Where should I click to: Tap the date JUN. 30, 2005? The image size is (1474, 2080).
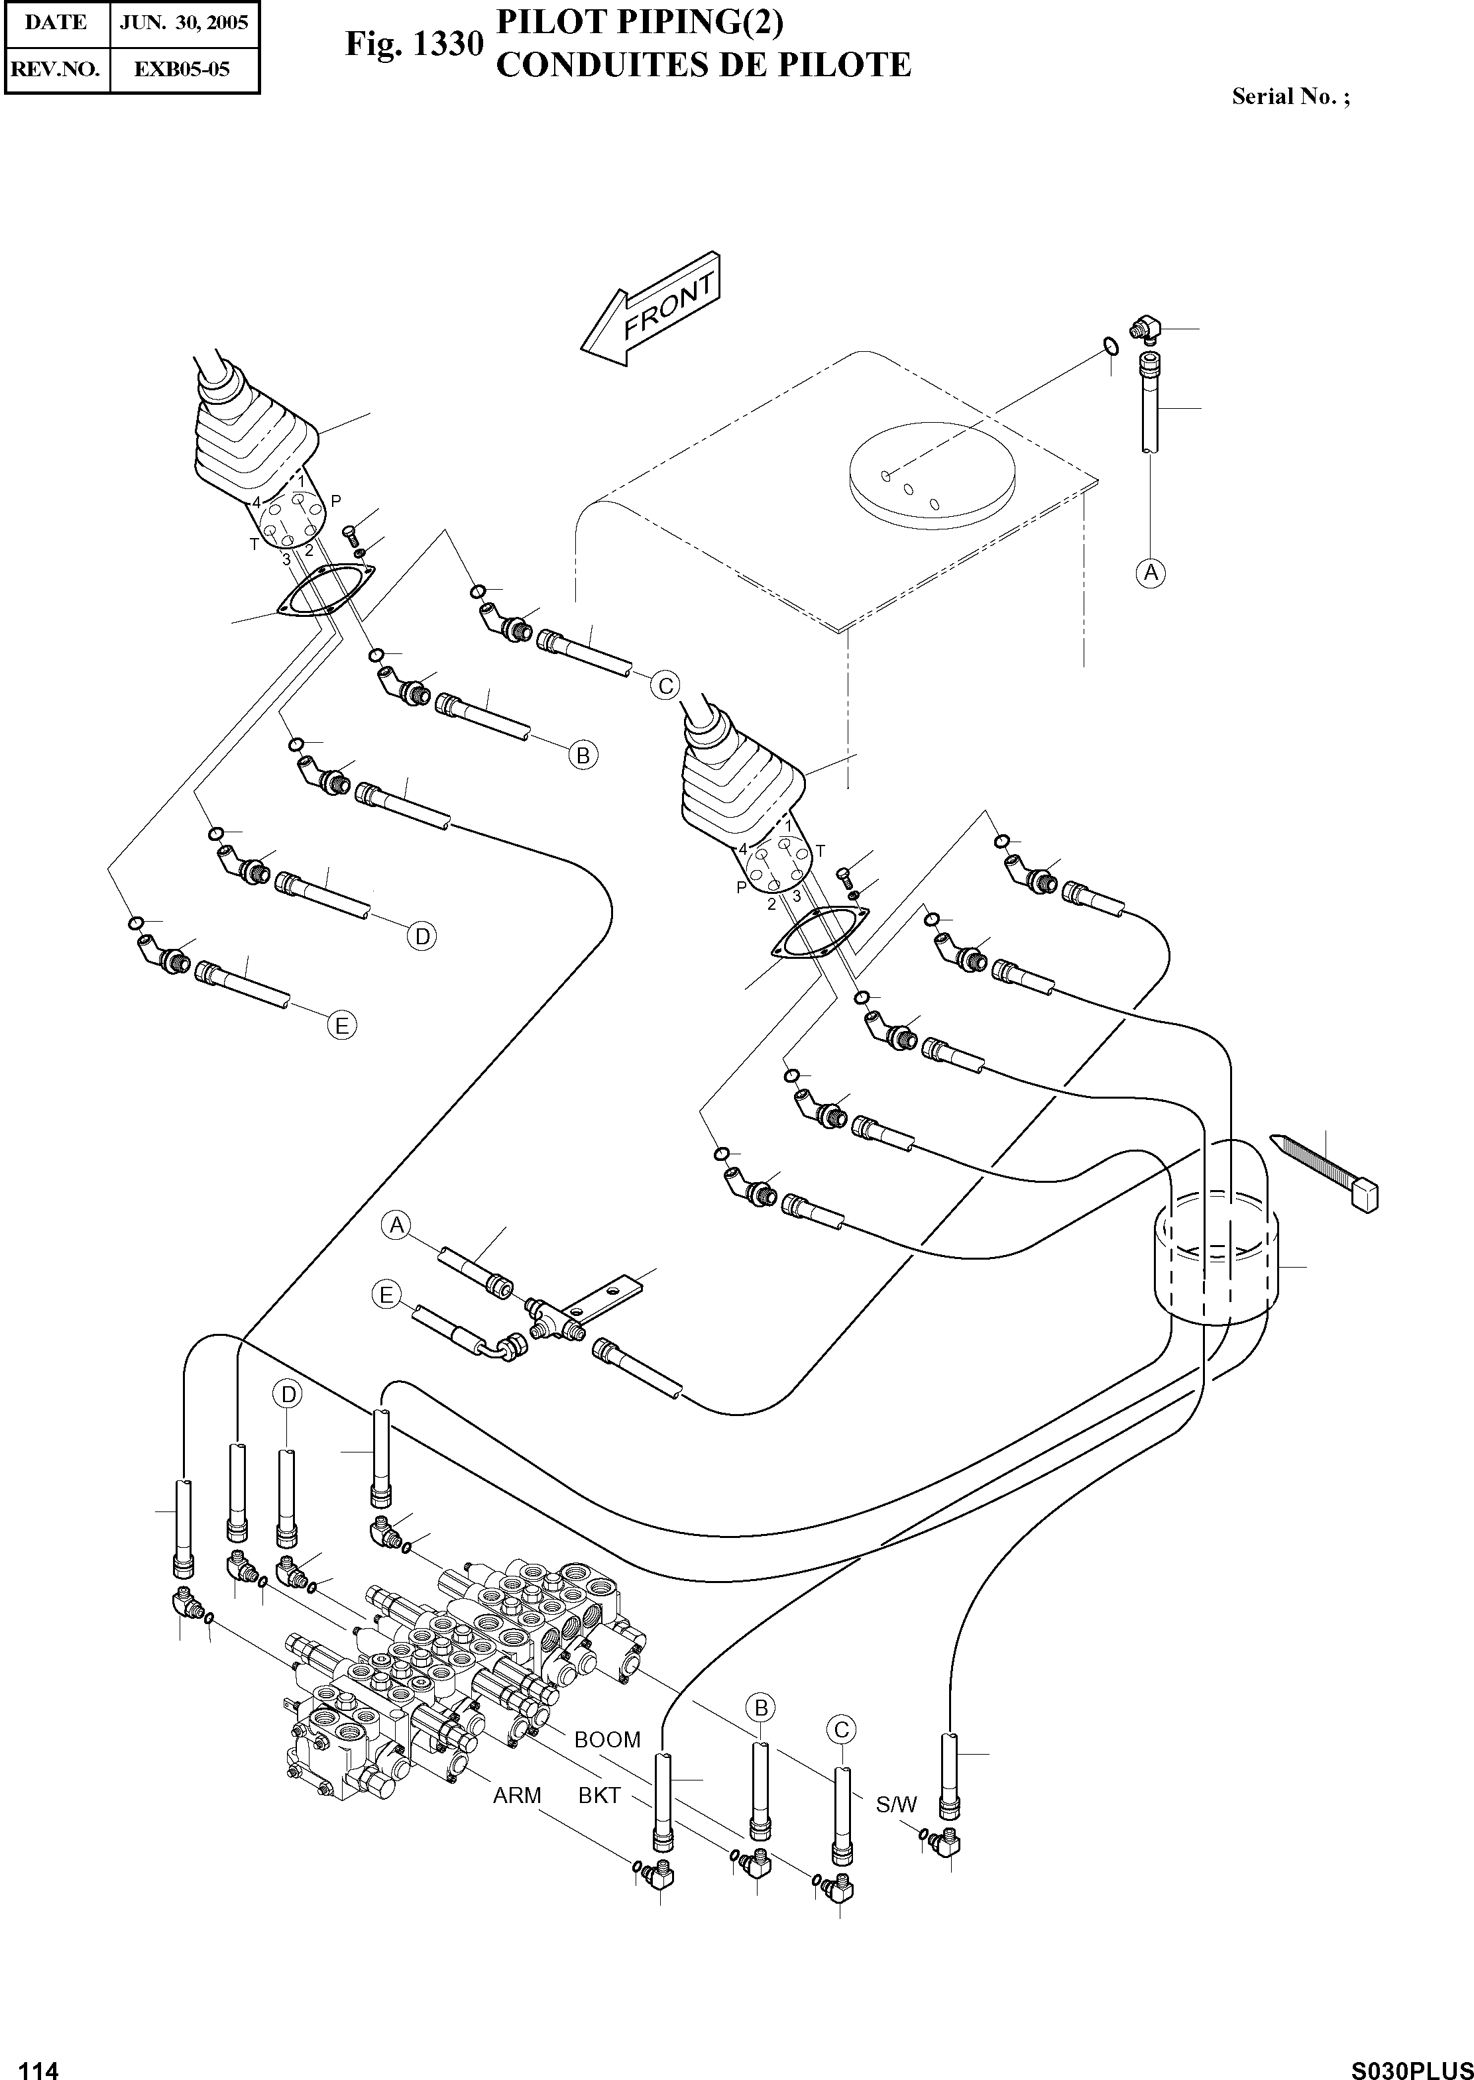coord(184,23)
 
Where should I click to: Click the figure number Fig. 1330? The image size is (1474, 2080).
coord(413,44)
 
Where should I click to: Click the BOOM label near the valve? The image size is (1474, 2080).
coord(607,1739)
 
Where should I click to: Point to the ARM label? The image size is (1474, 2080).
coord(516,1795)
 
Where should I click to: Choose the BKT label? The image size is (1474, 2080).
coord(599,1795)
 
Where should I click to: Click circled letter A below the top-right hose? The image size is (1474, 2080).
coord(1151,573)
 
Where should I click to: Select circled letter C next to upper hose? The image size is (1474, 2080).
coord(665,686)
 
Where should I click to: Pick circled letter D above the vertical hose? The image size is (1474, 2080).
coord(288,1394)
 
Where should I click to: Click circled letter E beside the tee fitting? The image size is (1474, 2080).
coord(386,1295)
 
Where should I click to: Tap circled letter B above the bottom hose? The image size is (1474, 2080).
coord(761,1707)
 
